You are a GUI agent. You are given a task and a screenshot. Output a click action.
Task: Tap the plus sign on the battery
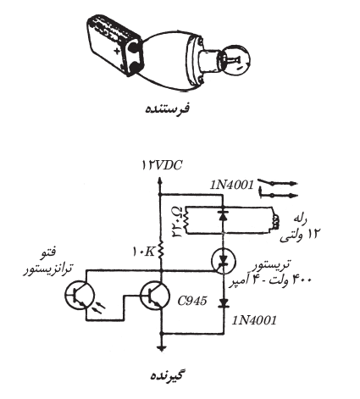point(117,51)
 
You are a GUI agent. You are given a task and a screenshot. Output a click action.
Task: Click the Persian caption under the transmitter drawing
point(168,108)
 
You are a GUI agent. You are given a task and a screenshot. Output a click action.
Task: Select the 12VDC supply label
point(163,165)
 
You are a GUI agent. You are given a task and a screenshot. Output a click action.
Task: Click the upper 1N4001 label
point(232,185)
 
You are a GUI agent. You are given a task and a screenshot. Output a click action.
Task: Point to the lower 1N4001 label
point(254,320)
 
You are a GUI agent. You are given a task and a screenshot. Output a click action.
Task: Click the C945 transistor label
point(192,301)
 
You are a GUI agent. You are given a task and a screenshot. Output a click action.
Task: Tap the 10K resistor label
point(144,252)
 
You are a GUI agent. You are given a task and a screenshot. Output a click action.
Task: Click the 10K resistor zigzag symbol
point(160,250)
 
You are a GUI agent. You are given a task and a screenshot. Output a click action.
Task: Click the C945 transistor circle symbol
point(155,296)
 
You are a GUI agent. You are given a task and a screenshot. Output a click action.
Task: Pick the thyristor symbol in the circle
point(224,260)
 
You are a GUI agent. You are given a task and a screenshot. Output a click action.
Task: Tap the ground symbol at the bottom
point(162,347)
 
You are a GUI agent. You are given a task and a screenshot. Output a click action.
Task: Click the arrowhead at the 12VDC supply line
point(160,180)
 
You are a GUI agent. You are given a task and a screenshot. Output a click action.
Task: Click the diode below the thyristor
point(224,303)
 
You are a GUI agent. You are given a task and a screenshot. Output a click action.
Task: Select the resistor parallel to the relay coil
point(186,221)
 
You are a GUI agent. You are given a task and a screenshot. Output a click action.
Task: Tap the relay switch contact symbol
point(278,188)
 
